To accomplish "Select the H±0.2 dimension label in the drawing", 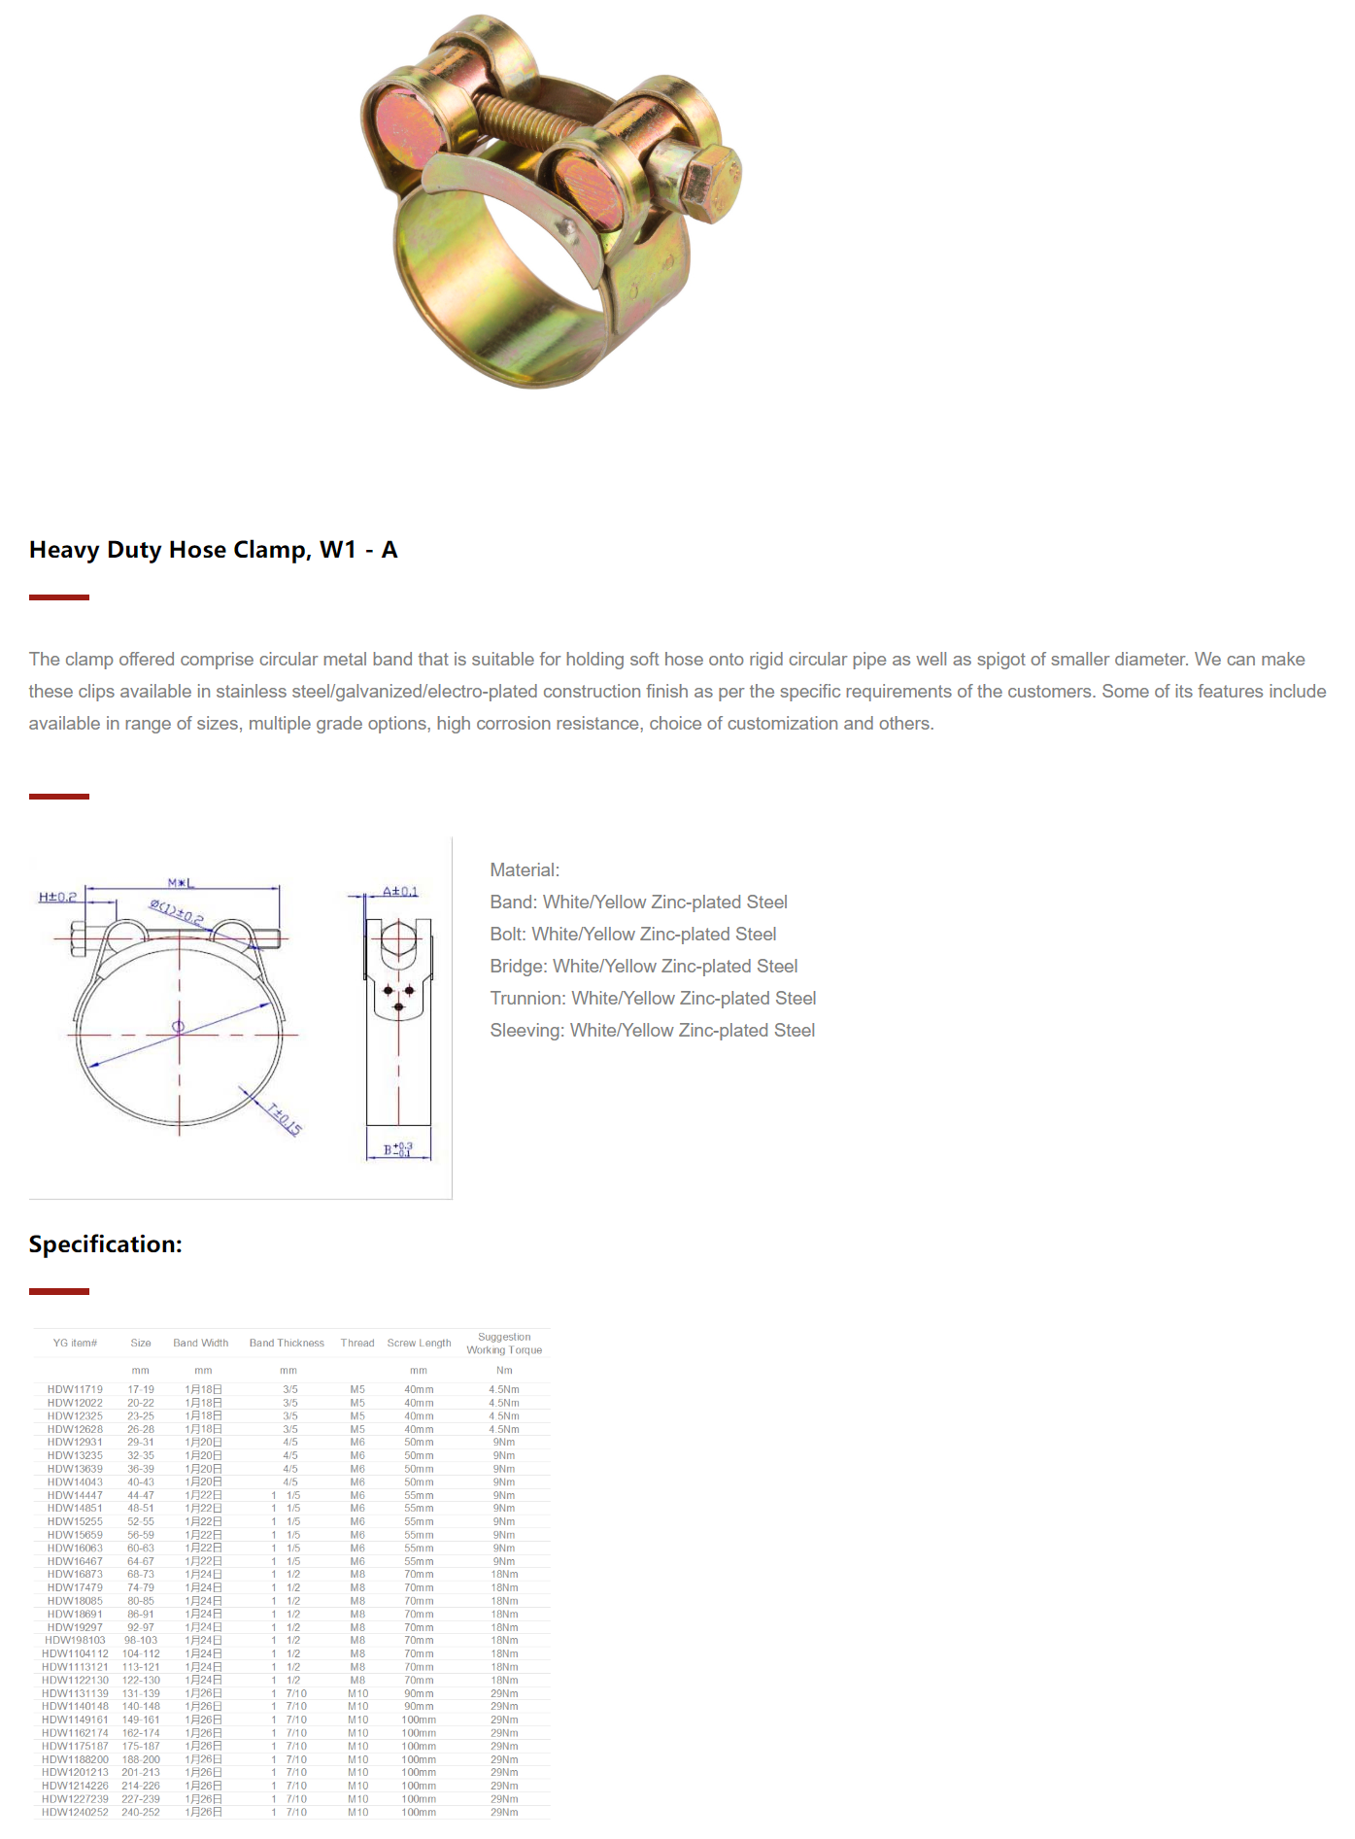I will pyautogui.click(x=57, y=897).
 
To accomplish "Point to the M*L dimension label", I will pyautogui.click(x=181, y=883).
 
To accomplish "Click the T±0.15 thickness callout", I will pyautogui.click(x=285, y=1118).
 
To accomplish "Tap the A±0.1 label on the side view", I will pyautogui.click(x=400, y=891).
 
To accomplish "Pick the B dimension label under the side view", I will pyautogui.click(x=397, y=1150).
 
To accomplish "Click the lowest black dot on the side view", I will pyautogui.click(x=398, y=1006).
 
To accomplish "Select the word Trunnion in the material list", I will pyautogui.click(x=527, y=999).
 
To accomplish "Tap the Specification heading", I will pyautogui.click(x=106, y=1244).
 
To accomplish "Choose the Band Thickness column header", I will pyautogui.click(x=287, y=1344).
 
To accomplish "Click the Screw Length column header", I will pyautogui.click(x=419, y=1344).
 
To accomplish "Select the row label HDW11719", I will pyautogui.click(x=75, y=1390).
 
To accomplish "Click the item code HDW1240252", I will pyautogui.click(x=75, y=1813).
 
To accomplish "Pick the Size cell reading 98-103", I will pyautogui.click(x=141, y=1641).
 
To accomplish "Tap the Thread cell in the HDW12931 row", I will pyautogui.click(x=357, y=1443).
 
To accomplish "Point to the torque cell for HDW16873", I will pyautogui.click(x=504, y=1575).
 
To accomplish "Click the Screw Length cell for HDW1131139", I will pyautogui.click(x=419, y=1693).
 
